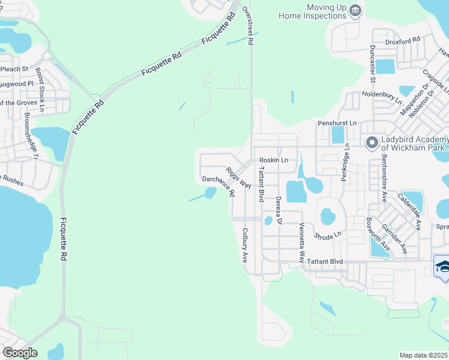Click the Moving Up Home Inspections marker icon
[x=356, y=10]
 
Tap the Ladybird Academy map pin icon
[x=372, y=142]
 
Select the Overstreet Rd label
[x=248, y=26]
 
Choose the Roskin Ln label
[x=274, y=160]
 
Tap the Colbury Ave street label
[x=245, y=245]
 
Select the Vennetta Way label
[x=302, y=243]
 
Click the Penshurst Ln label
[x=337, y=123]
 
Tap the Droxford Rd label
[x=403, y=41]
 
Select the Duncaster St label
[x=373, y=64]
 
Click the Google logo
[x=20, y=352]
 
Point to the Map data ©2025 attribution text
[x=423, y=355]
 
